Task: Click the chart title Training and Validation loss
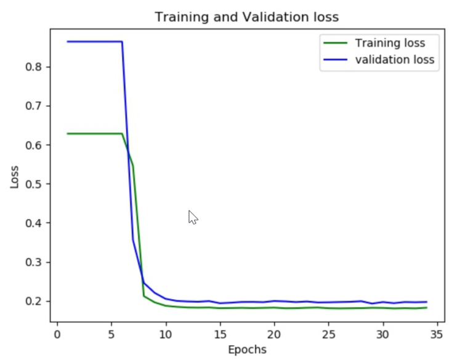tap(246, 17)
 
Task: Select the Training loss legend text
tap(389, 43)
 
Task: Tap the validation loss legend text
tap(394, 60)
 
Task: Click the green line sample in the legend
tap(336, 43)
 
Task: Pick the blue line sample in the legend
tap(336, 60)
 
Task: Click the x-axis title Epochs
tap(247, 350)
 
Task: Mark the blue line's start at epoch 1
tap(68, 41)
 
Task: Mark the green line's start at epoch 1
tap(68, 134)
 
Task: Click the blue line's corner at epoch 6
tap(122, 41)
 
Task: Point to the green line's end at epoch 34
tap(426, 308)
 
